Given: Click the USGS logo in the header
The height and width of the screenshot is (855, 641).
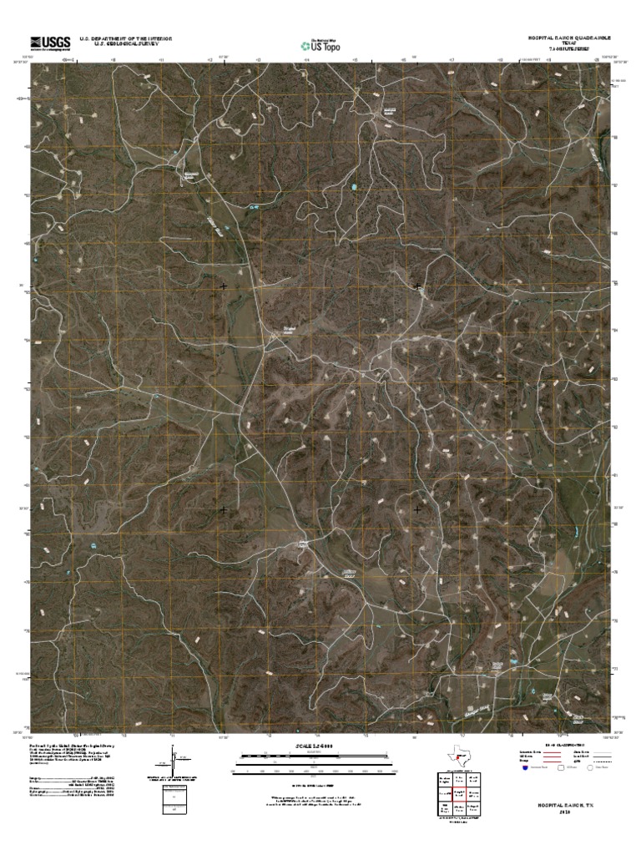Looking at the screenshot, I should coord(49,43).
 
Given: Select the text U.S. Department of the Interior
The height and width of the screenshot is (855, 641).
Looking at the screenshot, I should coord(125,38).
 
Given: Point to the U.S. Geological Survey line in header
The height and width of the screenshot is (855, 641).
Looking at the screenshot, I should coord(125,44).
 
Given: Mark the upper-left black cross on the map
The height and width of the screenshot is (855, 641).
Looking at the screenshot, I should coord(223,286).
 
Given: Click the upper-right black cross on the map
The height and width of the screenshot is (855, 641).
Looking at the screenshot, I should coord(417,286).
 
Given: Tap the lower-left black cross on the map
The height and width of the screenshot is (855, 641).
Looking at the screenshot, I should coord(223,508).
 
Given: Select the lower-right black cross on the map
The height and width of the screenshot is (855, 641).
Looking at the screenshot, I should coord(417,508).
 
